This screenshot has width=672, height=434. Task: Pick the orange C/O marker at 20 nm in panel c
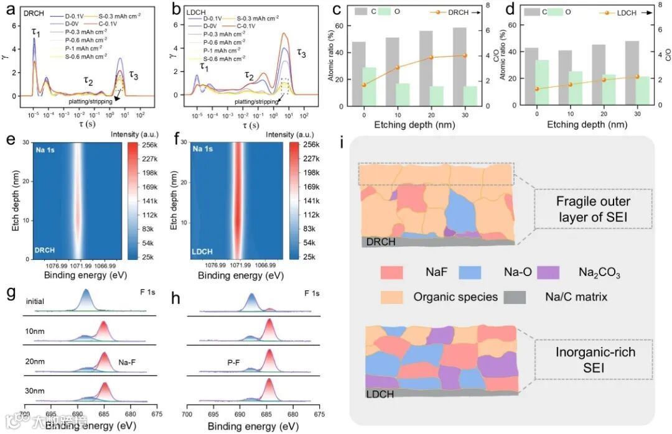(432, 57)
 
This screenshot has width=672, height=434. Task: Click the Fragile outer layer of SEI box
(594, 209)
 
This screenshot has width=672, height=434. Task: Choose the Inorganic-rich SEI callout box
(594, 359)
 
